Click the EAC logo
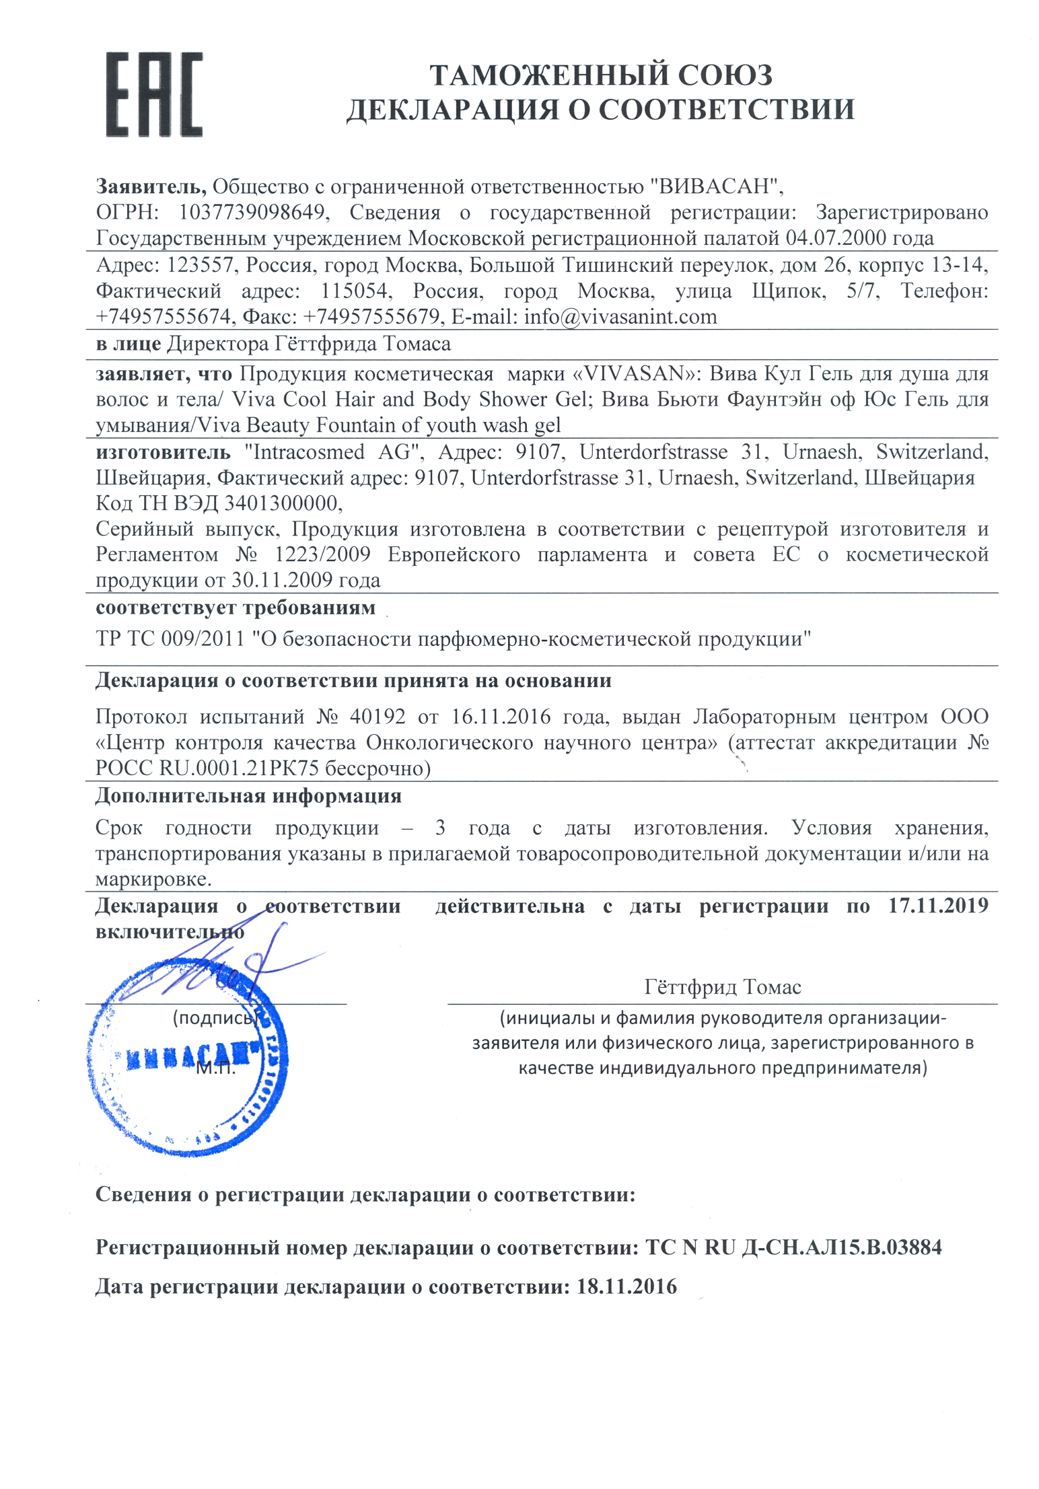(x=153, y=95)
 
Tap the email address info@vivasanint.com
(x=620, y=316)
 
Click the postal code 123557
(x=200, y=265)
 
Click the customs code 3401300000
(x=282, y=503)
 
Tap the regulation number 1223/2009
(x=322, y=555)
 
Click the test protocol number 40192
(x=378, y=717)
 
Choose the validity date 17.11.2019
(x=938, y=906)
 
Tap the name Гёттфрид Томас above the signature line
(x=723, y=987)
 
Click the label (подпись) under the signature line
(x=214, y=1018)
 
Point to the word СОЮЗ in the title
(x=725, y=75)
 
